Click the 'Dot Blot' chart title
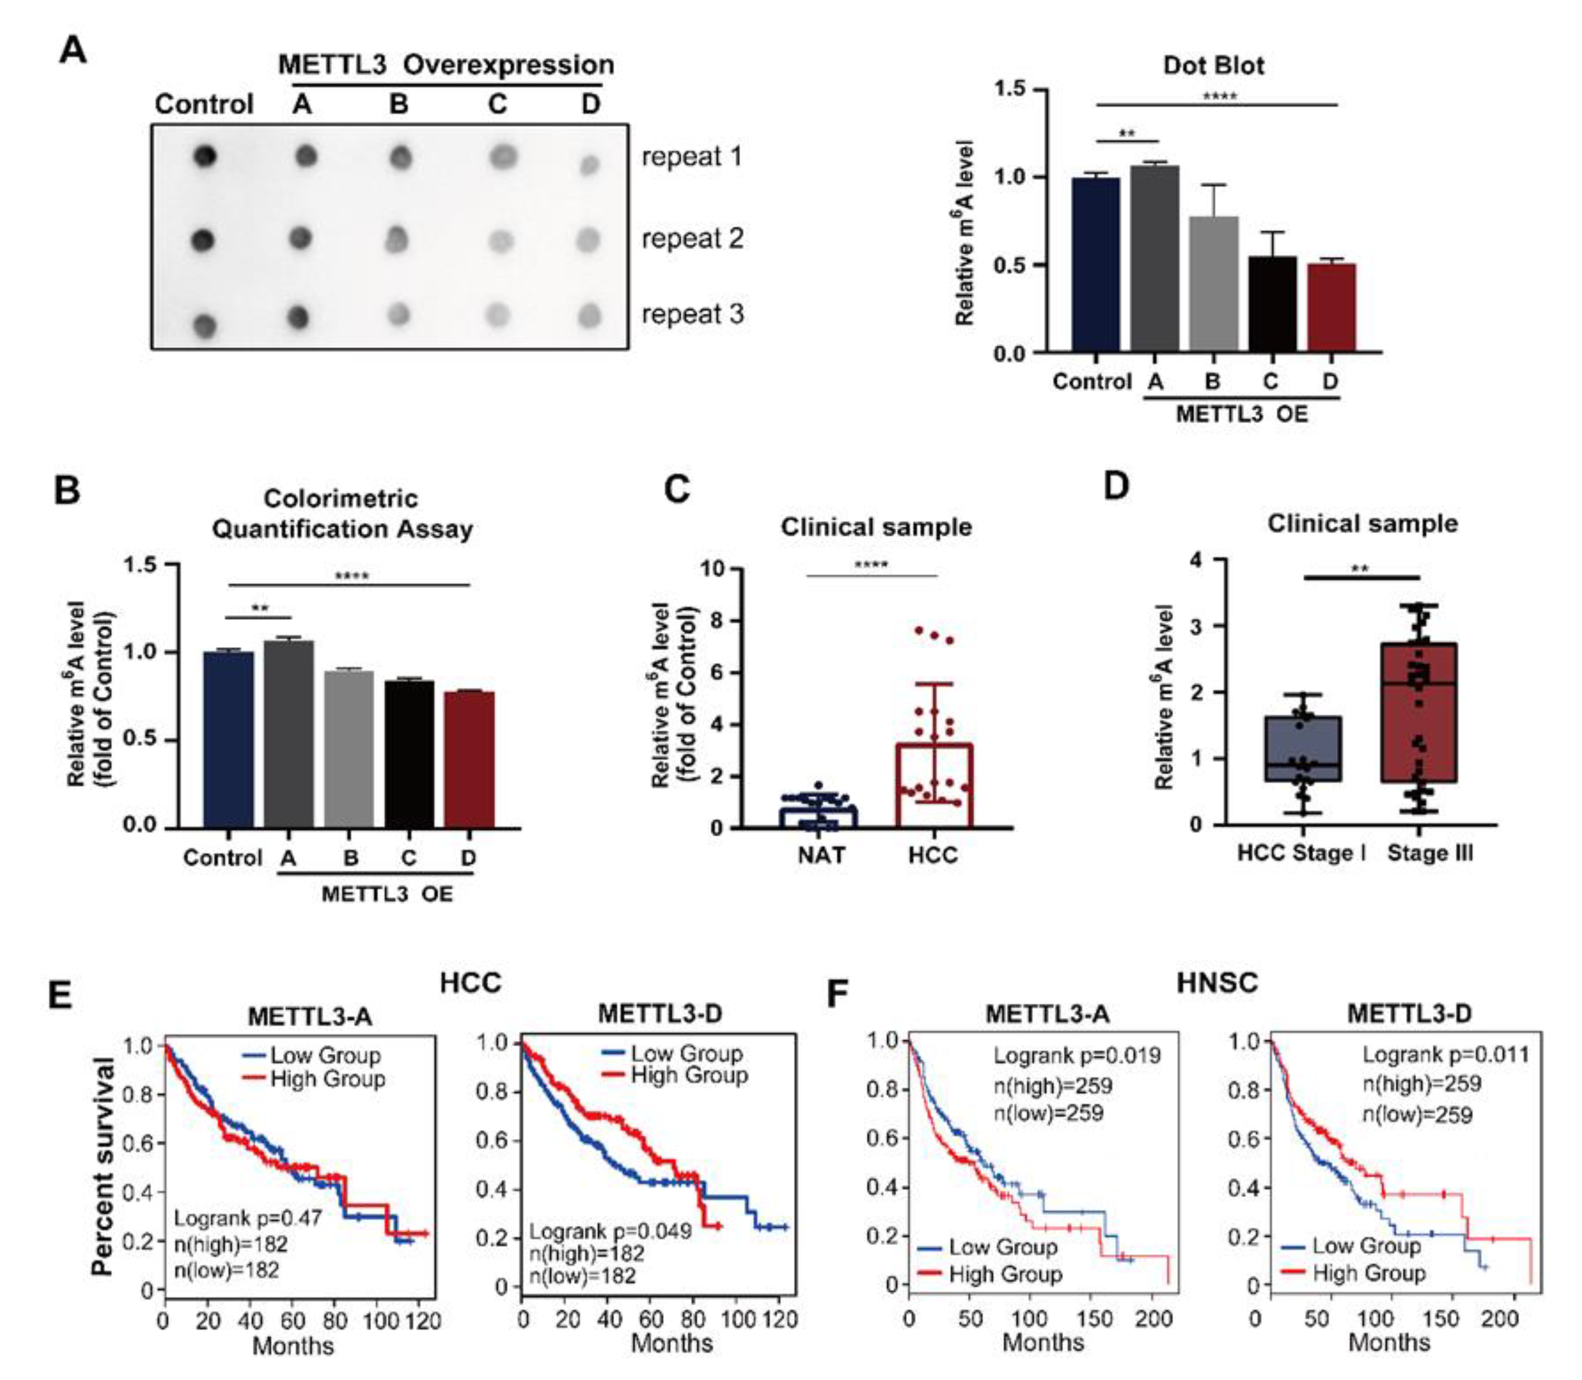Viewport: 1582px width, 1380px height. pyautogui.click(x=1213, y=66)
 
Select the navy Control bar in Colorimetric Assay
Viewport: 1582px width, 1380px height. pyautogui.click(x=228, y=739)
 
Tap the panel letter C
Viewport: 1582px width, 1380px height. pyautogui.click(x=676, y=490)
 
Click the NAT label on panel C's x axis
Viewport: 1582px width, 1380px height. pyautogui.click(x=821, y=855)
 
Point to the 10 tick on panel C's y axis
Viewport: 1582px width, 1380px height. pyautogui.click(x=712, y=569)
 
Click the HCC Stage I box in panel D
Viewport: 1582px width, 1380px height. pyautogui.click(x=1303, y=749)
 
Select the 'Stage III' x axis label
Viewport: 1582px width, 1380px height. pyautogui.click(x=1430, y=853)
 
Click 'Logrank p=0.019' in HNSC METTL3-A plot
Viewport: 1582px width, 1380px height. pyautogui.click(x=1076, y=1055)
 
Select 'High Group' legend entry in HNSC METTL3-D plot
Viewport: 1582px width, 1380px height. pyautogui.click(x=1369, y=1273)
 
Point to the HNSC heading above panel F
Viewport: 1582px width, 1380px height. pyautogui.click(x=1217, y=984)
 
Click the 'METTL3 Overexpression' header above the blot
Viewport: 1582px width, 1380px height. pyautogui.click(x=446, y=65)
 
